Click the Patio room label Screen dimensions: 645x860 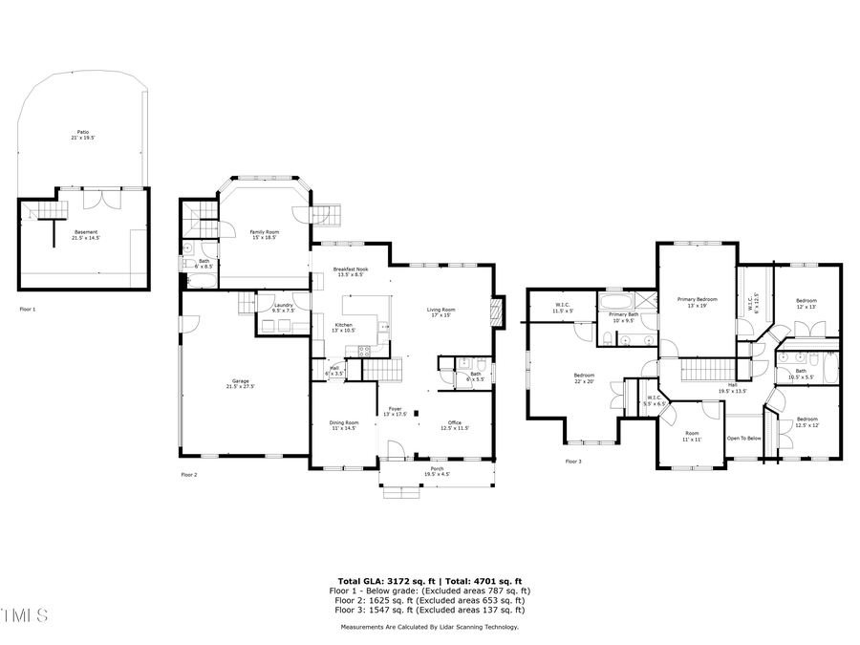click(x=84, y=135)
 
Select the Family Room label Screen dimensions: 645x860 click(x=265, y=234)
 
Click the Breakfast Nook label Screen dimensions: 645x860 click(x=351, y=272)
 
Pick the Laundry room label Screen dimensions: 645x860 click(x=283, y=307)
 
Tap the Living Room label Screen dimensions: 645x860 click(x=441, y=312)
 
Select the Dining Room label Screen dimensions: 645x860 click(x=344, y=425)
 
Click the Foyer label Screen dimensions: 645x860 click(x=395, y=411)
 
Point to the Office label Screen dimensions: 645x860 click(x=455, y=425)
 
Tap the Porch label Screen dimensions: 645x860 click(x=437, y=470)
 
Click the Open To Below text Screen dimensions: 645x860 click(x=743, y=439)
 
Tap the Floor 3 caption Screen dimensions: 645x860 click(x=573, y=462)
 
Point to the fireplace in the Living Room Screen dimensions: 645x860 click(x=493, y=312)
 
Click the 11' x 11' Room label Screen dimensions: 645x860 click(x=691, y=436)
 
